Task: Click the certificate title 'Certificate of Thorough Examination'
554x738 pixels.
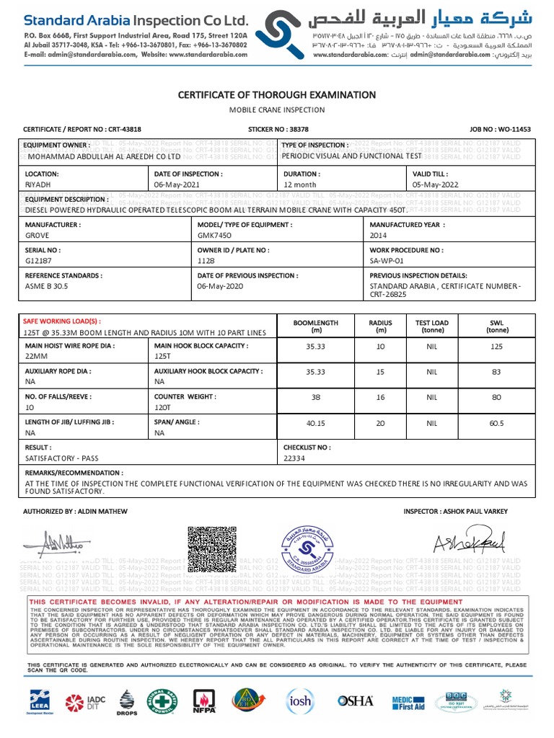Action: [x=277, y=95]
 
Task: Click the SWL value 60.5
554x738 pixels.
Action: [x=496, y=423]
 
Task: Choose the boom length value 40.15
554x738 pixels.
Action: [x=316, y=423]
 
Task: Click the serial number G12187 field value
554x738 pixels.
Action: [x=38, y=261]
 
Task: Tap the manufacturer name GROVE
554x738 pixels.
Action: [x=37, y=236]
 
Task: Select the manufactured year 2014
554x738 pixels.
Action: [x=379, y=236]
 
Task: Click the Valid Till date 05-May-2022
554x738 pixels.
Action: [x=435, y=184]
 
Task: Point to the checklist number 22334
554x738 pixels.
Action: [x=295, y=458]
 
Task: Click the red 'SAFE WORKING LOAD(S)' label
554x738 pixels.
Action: [x=63, y=321]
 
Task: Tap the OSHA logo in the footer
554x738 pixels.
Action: [x=356, y=700]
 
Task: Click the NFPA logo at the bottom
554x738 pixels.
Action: [x=204, y=700]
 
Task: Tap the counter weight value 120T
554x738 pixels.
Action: [x=164, y=407]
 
